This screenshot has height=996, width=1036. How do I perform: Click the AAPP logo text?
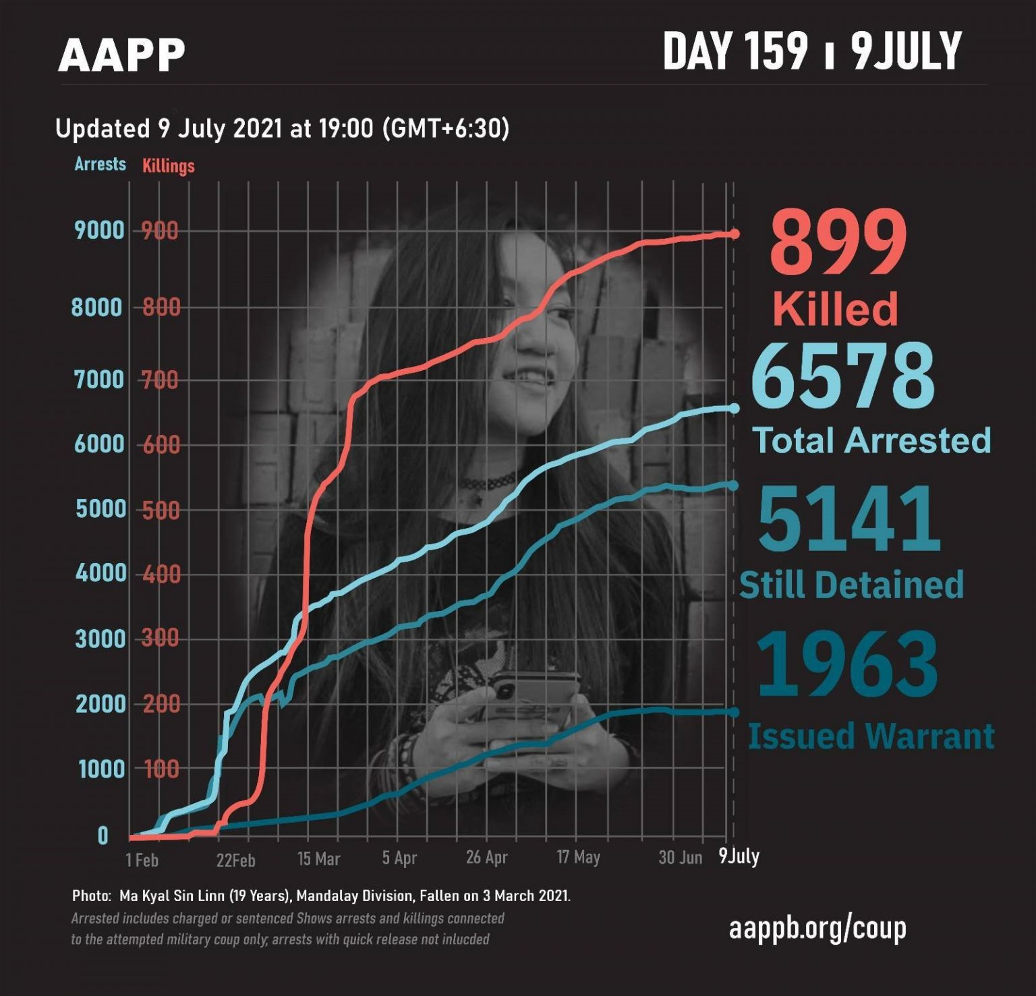coord(121,55)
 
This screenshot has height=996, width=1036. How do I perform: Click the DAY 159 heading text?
coord(735,51)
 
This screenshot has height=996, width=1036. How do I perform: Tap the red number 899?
coord(839,243)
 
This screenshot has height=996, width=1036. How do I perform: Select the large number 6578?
coord(843,376)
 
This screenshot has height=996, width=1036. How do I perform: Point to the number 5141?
coord(849,519)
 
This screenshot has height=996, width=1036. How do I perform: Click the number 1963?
coord(847,664)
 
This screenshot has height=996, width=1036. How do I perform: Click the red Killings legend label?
coord(168,166)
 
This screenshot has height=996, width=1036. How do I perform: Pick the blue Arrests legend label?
coord(100,164)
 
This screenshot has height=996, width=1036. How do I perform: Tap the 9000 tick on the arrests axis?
coord(100,231)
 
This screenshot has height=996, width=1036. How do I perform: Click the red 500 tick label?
coord(161,510)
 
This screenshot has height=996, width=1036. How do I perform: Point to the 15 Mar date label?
coord(318,858)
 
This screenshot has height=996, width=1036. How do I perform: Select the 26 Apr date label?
coord(486,858)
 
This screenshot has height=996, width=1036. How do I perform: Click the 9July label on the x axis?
coord(739,856)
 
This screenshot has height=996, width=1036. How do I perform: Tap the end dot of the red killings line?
coord(735,234)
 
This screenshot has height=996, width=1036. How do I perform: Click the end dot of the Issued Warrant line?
coord(734,712)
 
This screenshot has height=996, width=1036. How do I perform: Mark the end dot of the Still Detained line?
coord(734,485)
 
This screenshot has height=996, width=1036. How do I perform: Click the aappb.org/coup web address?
coord(817,929)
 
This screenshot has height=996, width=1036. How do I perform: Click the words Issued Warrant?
coord(871,736)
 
